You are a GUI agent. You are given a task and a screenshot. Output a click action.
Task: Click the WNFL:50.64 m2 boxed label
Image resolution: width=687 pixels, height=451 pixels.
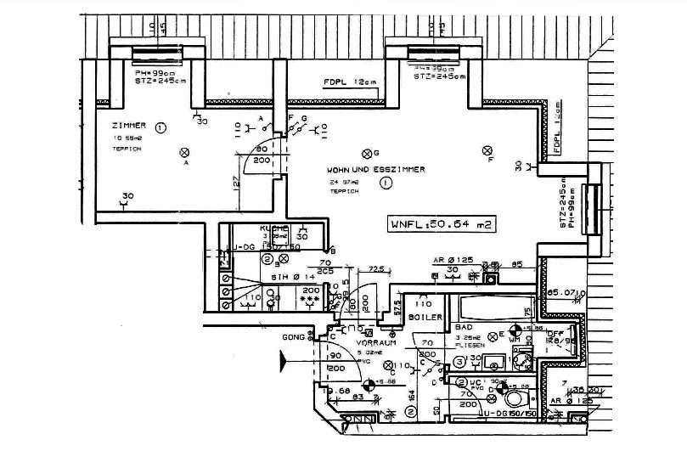click(442, 225)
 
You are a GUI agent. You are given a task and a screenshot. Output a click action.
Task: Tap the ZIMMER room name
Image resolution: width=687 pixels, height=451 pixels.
click(116, 125)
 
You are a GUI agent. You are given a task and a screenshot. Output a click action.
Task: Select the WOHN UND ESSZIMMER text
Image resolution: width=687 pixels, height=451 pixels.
click(369, 170)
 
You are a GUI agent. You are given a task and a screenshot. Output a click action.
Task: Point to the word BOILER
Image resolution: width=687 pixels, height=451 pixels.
click(426, 316)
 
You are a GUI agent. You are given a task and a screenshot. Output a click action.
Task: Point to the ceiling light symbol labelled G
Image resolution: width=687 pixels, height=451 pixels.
click(367, 154)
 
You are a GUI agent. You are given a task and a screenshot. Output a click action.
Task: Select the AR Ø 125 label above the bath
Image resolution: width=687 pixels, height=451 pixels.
click(451, 260)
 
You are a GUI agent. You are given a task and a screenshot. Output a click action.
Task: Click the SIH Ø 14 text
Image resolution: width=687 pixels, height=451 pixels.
click(283, 277)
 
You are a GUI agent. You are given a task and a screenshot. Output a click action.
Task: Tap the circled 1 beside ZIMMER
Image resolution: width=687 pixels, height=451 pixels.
click(160, 126)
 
